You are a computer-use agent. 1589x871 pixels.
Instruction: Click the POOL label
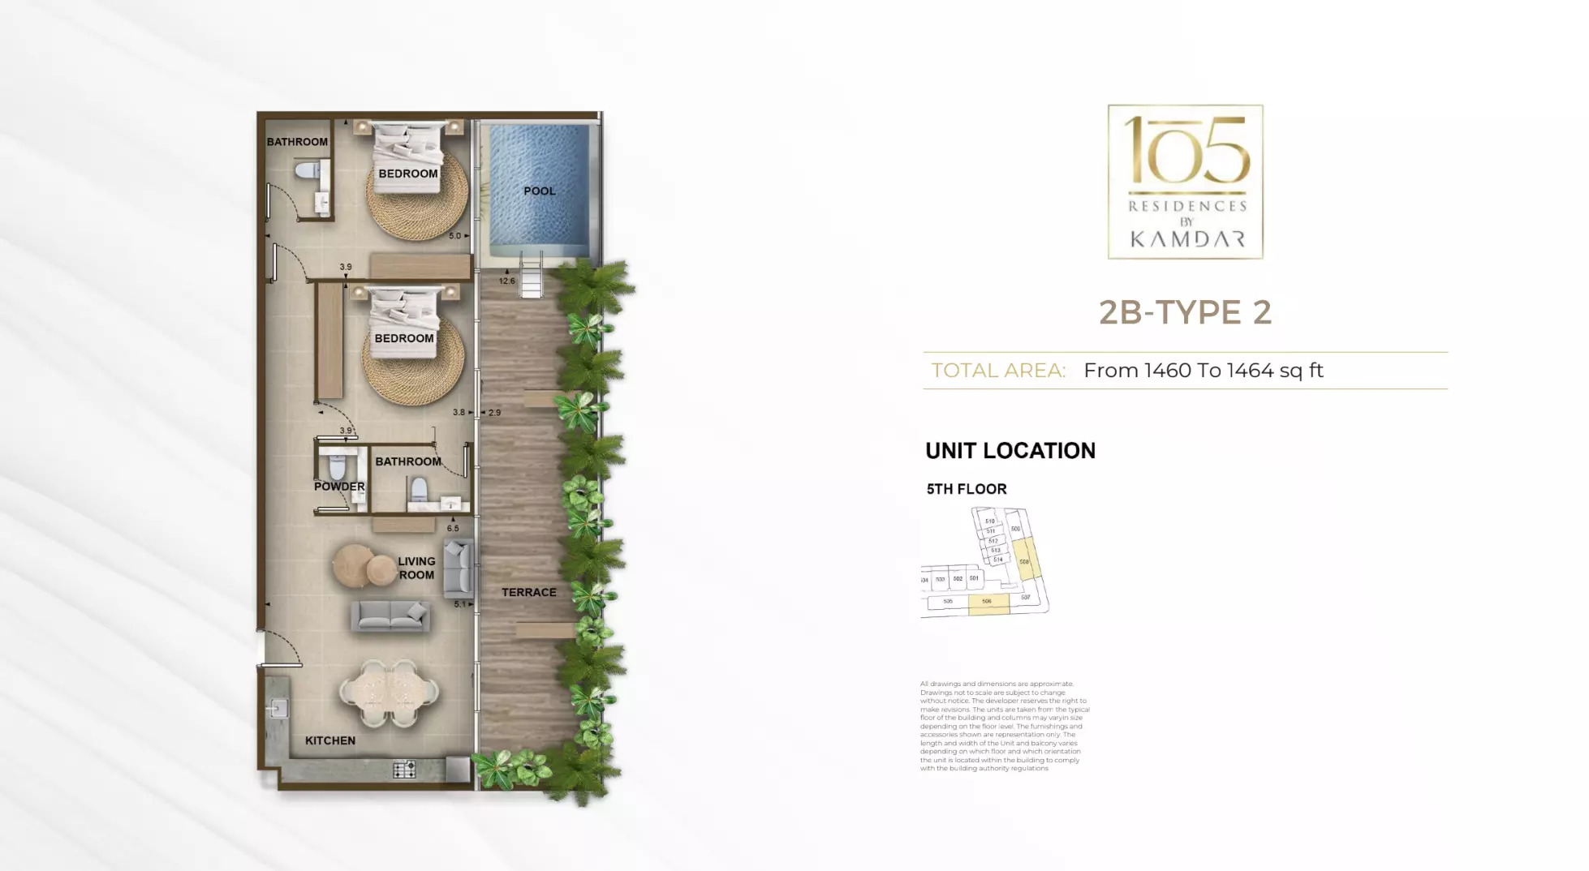(x=539, y=191)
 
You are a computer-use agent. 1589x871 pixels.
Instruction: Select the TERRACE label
(x=528, y=593)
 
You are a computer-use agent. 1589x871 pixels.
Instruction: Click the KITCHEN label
(x=329, y=740)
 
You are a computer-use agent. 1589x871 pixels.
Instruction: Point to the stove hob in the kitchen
(x=403, y=769)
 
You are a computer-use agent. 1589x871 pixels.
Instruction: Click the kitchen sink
(x=278, y=709)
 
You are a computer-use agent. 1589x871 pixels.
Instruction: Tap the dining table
(x=389, y=693)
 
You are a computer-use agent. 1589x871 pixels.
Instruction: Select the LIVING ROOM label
(x=416, y=568)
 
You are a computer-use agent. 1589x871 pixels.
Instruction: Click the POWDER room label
(x=339, y=487)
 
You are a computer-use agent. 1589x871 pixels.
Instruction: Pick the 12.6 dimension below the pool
(x=506, y=281)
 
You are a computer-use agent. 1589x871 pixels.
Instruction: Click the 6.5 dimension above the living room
(x=452, y=529)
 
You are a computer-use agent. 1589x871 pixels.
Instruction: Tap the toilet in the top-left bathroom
(x=308, y=171)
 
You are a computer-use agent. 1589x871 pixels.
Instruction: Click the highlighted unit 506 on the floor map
(x=988, y=603)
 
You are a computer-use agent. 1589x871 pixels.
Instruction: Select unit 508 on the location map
(x=1025, y=560)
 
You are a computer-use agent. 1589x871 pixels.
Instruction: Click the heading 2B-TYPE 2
(x=1185, y=312)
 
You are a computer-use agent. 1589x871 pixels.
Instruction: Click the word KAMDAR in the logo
(x=1186, y=239)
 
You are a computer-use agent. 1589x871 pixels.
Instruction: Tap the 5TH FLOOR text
(x=967, y=489)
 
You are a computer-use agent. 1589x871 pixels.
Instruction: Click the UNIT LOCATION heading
(x=1010, y=451)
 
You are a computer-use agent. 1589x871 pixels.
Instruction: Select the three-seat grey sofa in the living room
(x=390, y=616)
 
